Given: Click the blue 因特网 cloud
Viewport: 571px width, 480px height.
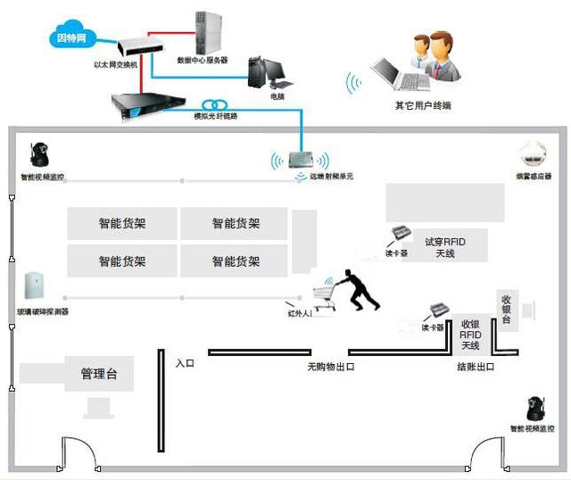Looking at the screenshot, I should pyautogui.click(x=70, y=38).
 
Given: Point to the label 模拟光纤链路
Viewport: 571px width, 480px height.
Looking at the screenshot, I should pyautogui.click(x=216, y=116).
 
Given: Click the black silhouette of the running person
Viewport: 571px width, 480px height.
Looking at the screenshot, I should pyautogui.click(x=360, y=289).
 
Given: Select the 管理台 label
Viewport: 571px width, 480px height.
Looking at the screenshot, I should pyautogui.click(x=99, y=374).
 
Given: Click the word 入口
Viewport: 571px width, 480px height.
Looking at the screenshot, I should pyautogui.click(x=185, y=364).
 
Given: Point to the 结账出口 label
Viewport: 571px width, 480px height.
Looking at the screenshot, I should pyautogui.click(x=475, y=367).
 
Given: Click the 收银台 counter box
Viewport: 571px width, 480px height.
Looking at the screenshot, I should pyautogui.click(x=506, y=309).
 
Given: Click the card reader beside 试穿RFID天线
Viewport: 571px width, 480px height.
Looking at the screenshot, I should pyautogui.click(x=398, y=236).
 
